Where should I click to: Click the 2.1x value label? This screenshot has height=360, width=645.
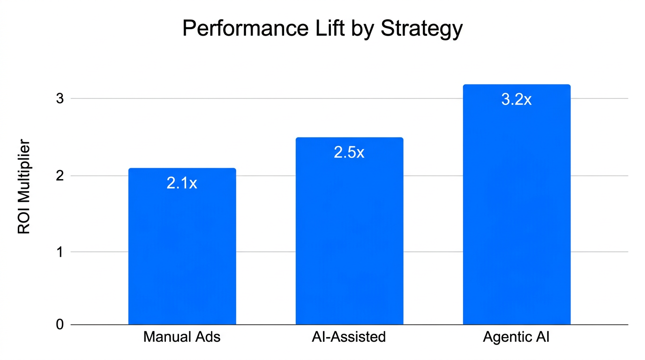click(x=182, y=183)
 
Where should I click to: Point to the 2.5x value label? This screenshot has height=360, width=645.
click(x=349, y=152)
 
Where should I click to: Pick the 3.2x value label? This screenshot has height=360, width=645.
click(x=517, y=99)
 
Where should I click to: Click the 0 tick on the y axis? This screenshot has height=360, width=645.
click(x=60, y=324)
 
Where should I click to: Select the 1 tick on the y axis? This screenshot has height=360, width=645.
click(x=60, y=252)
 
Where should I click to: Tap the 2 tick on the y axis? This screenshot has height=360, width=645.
click(x=60, y=176)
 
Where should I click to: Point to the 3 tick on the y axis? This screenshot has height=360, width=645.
click(x=60, y=98)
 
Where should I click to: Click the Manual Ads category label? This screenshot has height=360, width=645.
click(x=182, y=337)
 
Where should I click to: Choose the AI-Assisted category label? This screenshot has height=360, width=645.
click(x=349, y=337)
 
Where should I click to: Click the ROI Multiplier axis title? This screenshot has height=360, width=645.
click(x=24, y=187)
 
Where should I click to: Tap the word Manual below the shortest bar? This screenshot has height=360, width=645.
click(x=165, y=337)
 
